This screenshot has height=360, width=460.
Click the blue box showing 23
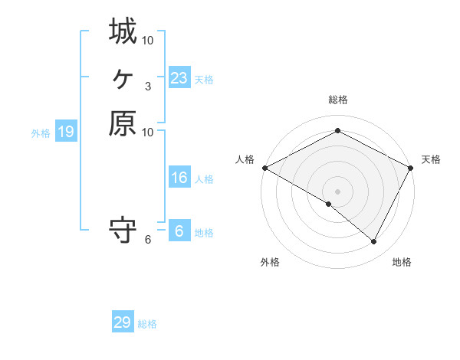tap(179, 77)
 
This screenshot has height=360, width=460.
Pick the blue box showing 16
tap(179, 178)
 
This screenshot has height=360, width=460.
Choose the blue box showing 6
tap(179, 231)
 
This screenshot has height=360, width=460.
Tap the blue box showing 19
tap(66, 132)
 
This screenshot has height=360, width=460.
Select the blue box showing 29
tap(122, 322)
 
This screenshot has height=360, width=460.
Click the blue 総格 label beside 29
tap(147, 324)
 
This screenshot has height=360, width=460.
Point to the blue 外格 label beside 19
tap(41, 133)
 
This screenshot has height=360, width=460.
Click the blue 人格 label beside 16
tap(204, 179)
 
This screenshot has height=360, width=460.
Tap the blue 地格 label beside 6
tap(204, 232)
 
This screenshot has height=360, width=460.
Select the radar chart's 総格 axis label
tap(337, 100)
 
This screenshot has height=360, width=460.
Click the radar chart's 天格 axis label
tap(431, 159)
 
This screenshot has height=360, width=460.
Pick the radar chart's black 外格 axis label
tap(270, 262)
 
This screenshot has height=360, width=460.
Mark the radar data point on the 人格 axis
tap(264, 168)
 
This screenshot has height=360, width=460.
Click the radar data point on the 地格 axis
tap(374, 242)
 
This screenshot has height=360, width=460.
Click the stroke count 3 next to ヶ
tap(147, 86)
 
